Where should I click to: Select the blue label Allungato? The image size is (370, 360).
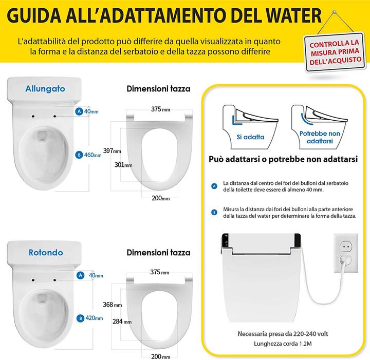45,88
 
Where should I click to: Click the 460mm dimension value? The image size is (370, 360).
92,155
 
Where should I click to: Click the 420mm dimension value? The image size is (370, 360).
92,318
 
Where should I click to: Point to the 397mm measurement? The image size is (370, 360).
112,150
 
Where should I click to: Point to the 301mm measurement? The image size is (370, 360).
124,165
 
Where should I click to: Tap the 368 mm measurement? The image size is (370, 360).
112,304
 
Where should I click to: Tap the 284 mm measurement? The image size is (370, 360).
124,321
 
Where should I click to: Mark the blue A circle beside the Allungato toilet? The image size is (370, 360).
79,111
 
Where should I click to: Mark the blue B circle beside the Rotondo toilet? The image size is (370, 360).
80,318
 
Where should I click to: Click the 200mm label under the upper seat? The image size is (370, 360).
160,198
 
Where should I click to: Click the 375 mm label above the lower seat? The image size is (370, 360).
160,271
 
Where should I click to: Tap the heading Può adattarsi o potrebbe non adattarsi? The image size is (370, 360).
283,160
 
